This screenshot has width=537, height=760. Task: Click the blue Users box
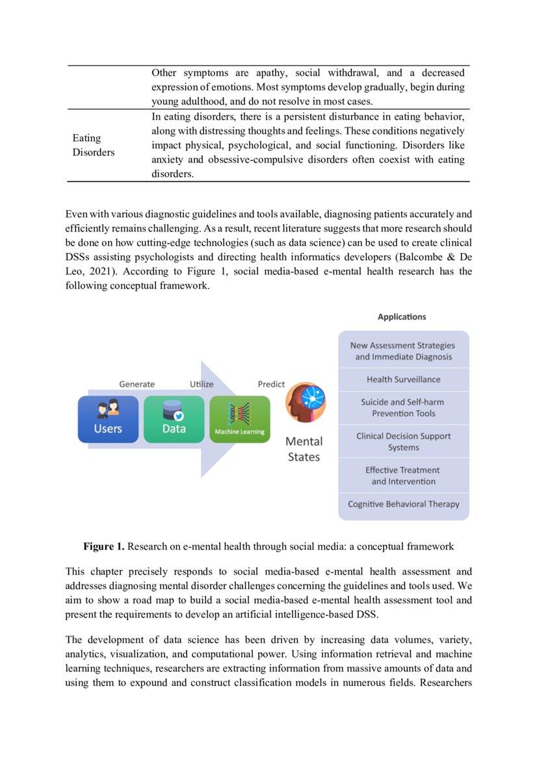(108, 419)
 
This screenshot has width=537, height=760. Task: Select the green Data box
(174, 419)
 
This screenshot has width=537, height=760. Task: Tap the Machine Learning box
(239, 419)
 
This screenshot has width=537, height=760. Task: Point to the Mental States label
(304, 449)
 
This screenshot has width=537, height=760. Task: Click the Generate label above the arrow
(137, 384)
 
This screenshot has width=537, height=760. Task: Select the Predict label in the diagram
(271, 384)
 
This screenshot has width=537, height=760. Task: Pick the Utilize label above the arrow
(202, 384)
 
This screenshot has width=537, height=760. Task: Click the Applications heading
(402, 317)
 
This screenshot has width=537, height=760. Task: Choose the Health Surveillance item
(403, 379)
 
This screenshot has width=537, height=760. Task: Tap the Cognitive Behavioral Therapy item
(403, 504)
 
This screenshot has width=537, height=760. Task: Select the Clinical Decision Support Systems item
(403, 441)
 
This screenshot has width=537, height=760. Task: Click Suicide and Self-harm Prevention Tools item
(403, 408)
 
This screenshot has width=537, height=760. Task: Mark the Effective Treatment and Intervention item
(403, 475)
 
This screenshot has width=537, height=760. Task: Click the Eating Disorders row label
(93, 145)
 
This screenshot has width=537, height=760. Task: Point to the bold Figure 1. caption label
(103, 547)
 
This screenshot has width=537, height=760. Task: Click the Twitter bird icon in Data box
(179, 416)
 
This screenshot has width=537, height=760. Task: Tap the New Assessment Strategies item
(403, 351)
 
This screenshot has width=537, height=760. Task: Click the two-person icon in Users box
(108, 408)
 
